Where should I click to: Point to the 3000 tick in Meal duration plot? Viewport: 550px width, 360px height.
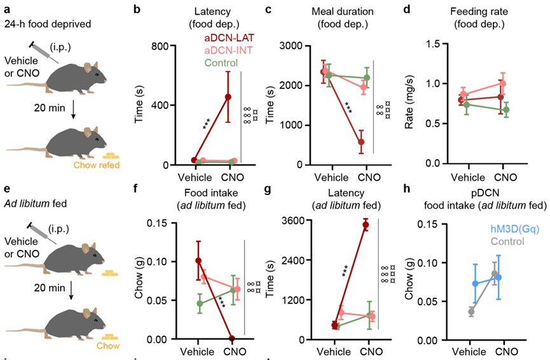click(288, 46)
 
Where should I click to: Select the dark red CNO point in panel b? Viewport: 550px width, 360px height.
click(227, 97)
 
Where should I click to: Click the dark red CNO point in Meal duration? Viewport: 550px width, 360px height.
click(361, 142)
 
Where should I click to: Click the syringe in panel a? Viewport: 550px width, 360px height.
click(47, 51)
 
